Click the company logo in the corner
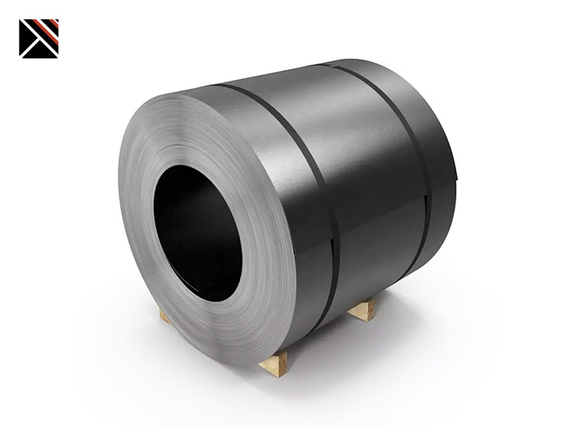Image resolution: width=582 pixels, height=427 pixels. tap(39, 38)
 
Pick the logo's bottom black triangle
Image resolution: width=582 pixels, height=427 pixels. tap(39, 50)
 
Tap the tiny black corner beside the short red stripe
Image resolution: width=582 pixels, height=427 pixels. tap(57, 21)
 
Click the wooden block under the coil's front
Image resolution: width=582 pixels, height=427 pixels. tap(273, 362)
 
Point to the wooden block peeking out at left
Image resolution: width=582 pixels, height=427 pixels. tap(165, 315)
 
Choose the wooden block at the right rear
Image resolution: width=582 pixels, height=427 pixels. tap(362, 310)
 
